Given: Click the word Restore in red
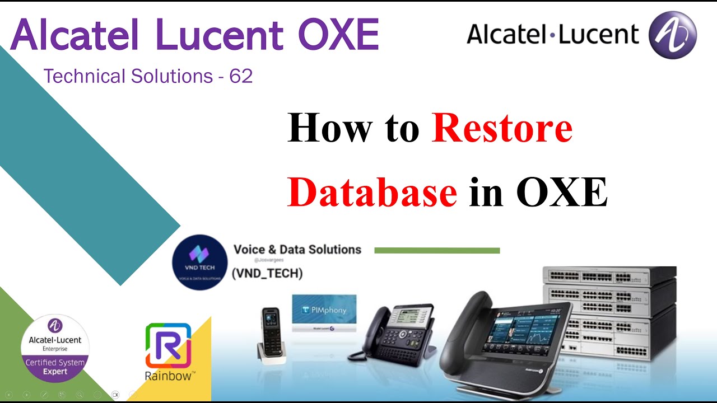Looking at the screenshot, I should pyautogui.click(x=502, y=128).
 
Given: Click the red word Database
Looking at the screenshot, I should pyautogui.click(x=373, y=192).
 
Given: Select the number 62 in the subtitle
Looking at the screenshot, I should pyautogui.click(x=241, y=76).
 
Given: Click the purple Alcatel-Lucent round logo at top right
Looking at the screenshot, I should pyautogui.click(x=672, y=35).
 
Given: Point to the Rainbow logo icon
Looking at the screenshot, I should pyautogui.click(x=168, y=345).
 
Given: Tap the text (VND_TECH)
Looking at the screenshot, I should pyautogui.click(x=267, y=273).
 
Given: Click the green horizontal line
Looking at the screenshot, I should pyautogui.click(x=437, y=251).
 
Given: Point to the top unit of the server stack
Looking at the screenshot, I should pyautogui.click(x=609, y=277).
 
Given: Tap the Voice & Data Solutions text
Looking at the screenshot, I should pyautogui.click(x=297, y=249).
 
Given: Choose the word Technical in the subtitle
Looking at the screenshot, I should pyautogui.click(x=84, y=76).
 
